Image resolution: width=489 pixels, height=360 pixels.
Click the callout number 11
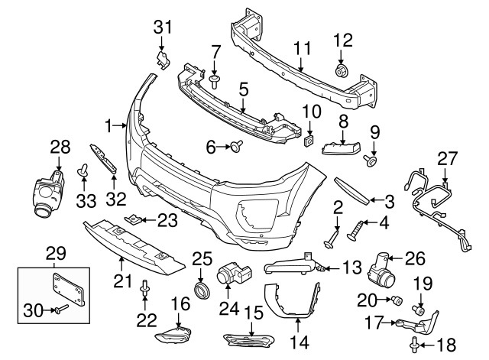click(303, 47)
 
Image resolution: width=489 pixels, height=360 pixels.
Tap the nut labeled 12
click(341, 71)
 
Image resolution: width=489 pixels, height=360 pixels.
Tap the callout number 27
click(446, 158)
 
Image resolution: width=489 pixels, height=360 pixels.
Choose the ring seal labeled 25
click(202, 290)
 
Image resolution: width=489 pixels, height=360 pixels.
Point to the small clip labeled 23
click(134, 220)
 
